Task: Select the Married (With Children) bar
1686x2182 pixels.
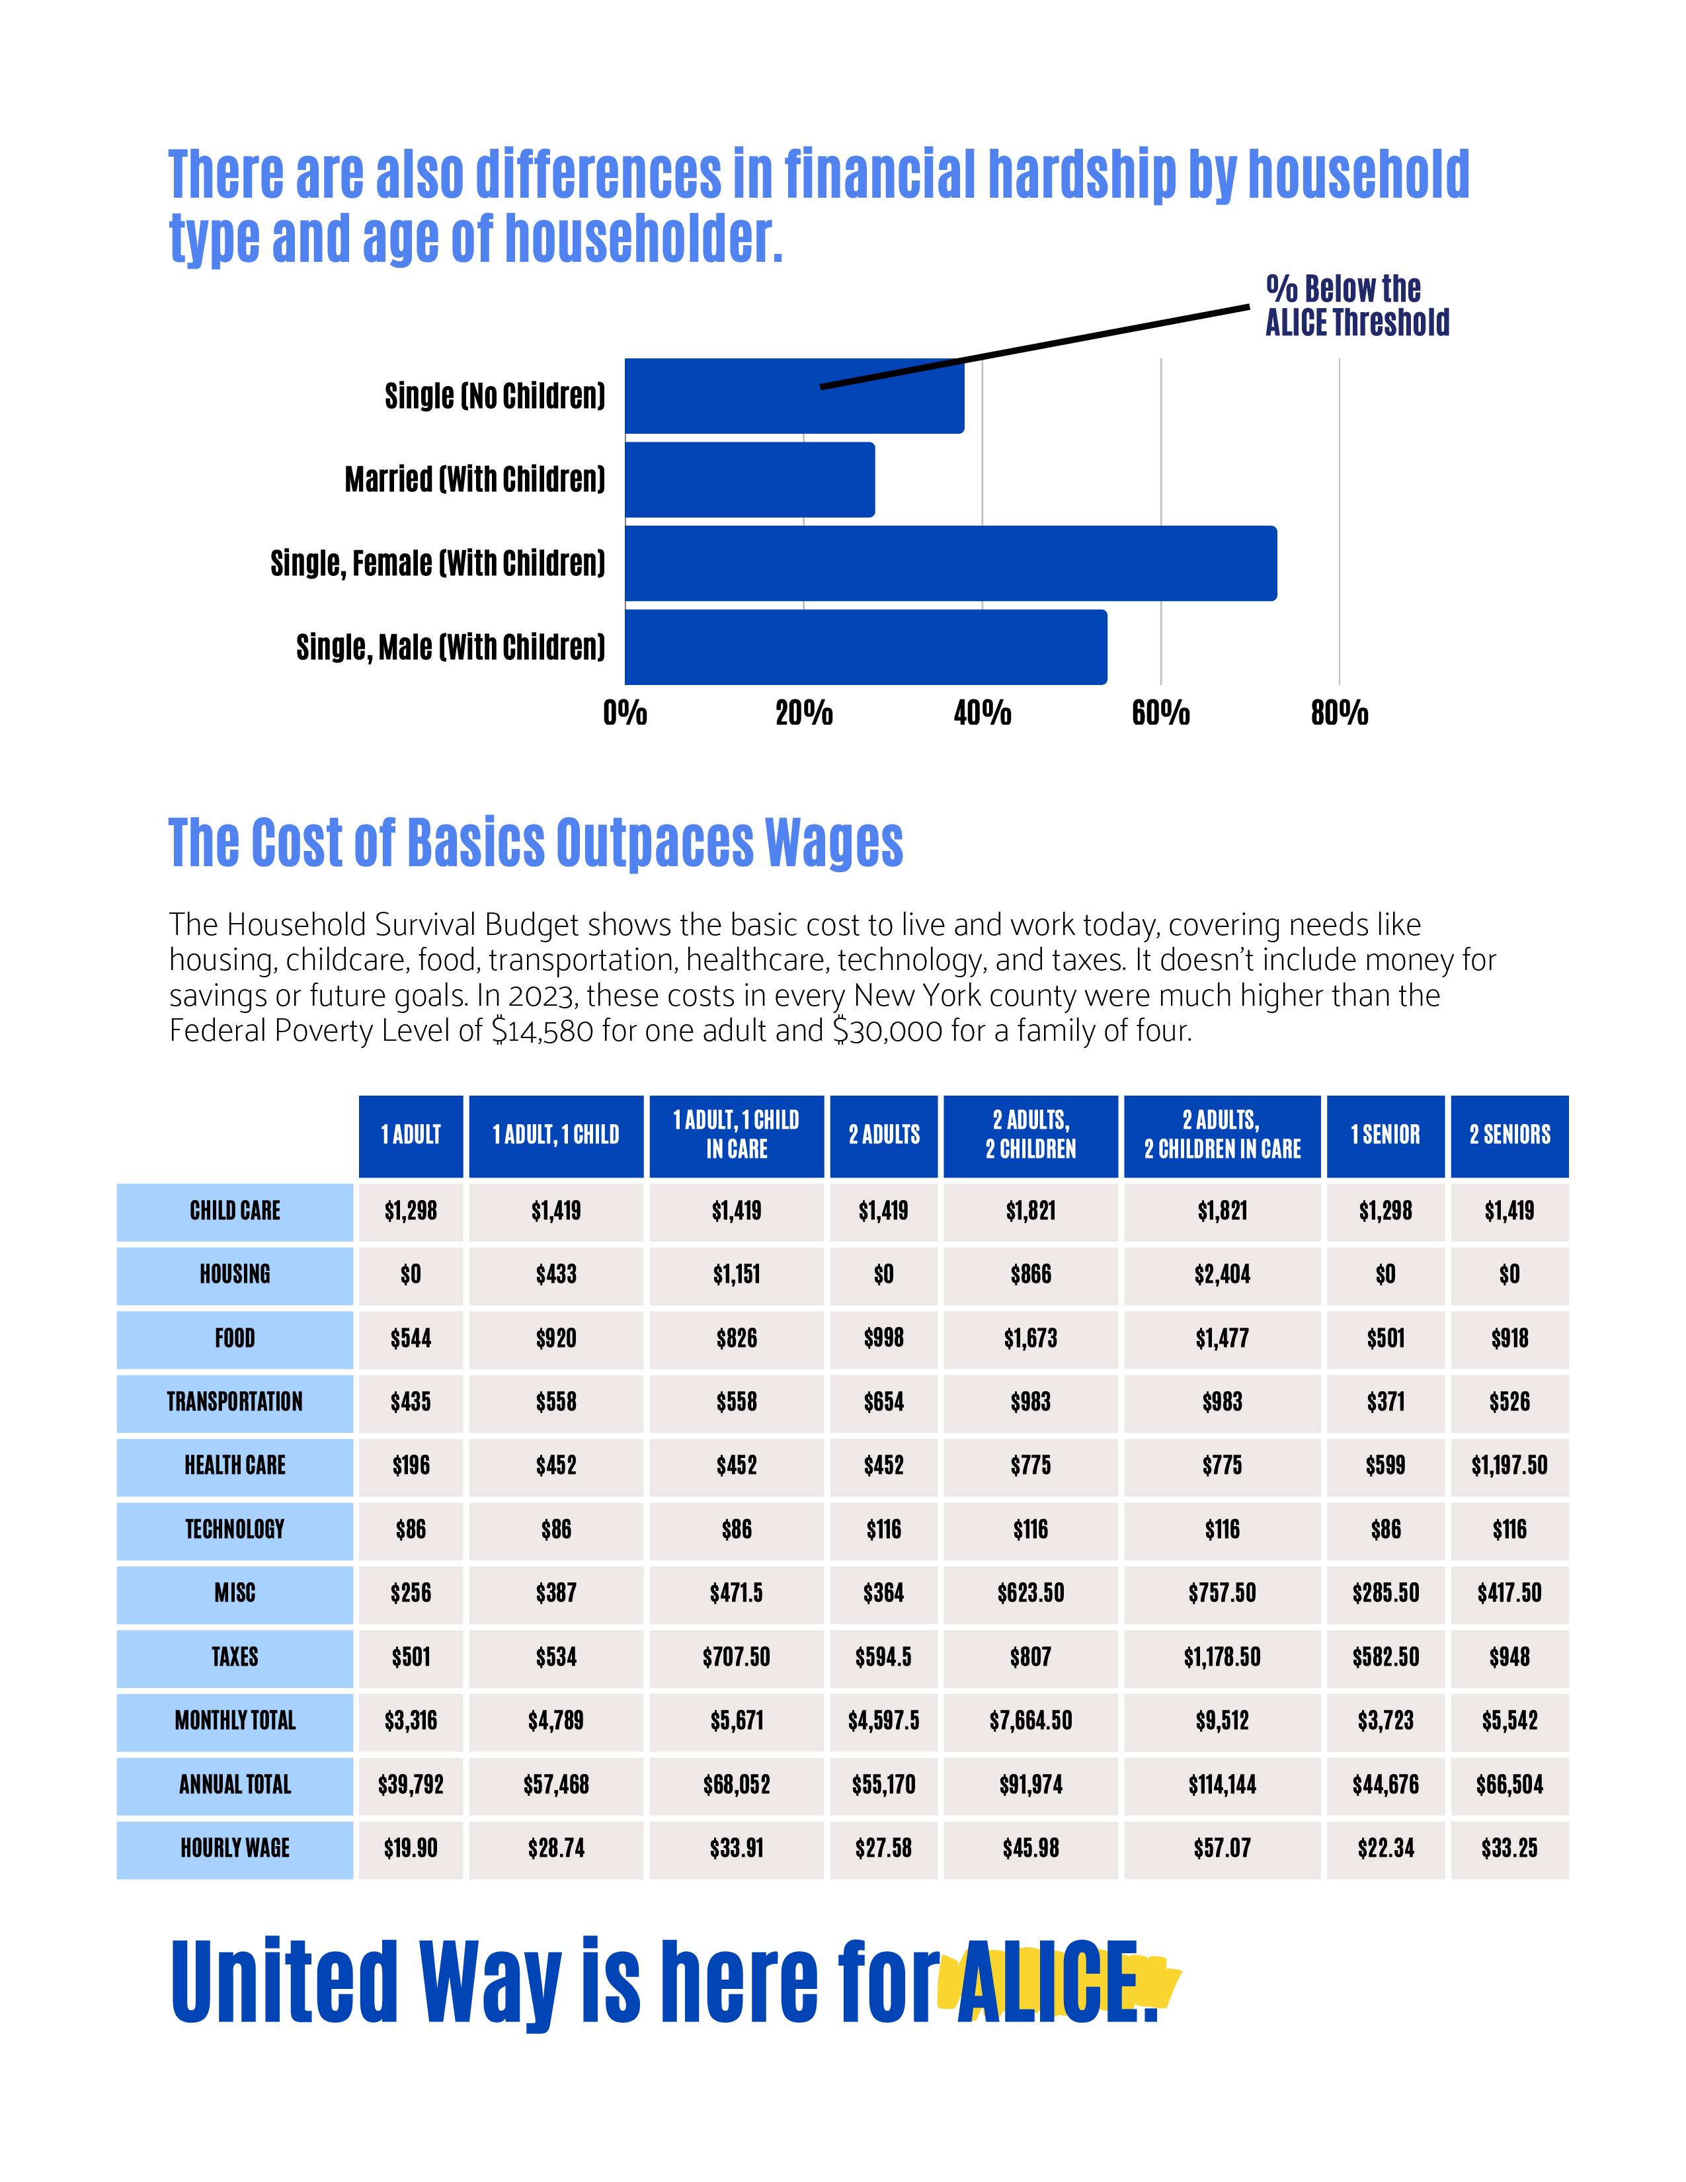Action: point(749,479)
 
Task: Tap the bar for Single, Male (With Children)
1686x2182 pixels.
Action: point(865,647)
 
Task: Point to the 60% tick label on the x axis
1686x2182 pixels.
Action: point(1160,713)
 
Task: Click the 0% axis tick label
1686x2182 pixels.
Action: point(625,713)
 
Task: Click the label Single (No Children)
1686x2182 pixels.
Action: point(495,397)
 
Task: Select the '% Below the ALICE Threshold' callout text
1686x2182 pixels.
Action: point(1356,305)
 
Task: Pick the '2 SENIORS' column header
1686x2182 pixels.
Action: point(1509,1135)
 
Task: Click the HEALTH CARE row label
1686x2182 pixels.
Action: point(235,1466)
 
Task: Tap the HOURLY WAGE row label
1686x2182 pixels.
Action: point(235,1848)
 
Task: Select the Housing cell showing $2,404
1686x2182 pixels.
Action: point(1222,1275)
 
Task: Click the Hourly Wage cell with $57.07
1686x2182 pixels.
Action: point(1222,1848)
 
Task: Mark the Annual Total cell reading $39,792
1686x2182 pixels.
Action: point(411,1785)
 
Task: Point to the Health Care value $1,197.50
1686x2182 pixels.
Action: point(1509,1466)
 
